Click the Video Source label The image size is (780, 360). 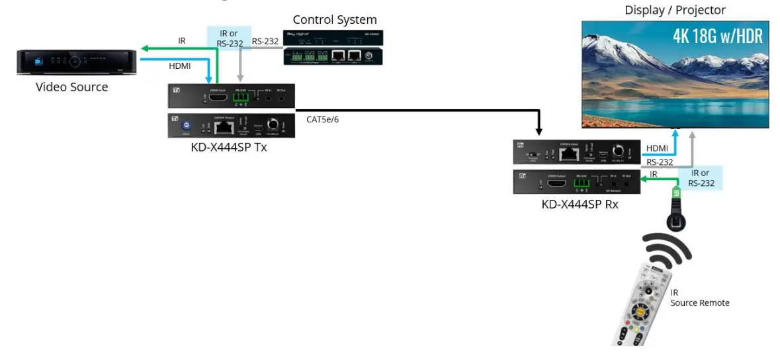pos(71,87)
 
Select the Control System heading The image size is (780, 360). pos(335,20)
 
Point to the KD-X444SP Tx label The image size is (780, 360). pos(228,147)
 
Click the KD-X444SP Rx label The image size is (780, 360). pos(580,204)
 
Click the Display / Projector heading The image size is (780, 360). pos(675,10)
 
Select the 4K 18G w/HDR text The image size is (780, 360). pos(717,36)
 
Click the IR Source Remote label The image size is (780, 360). pos(699,298)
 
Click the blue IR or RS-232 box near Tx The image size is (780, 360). pos(229,38)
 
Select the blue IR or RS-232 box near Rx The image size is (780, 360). pos(701,178)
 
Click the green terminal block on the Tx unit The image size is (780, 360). pos(239,99)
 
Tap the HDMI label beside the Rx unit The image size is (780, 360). pos(656,148)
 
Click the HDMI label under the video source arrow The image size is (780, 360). pos(180,66)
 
